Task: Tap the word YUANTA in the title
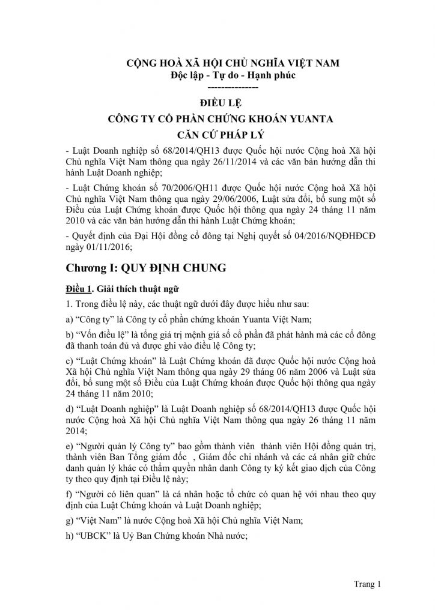pos(308,118)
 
